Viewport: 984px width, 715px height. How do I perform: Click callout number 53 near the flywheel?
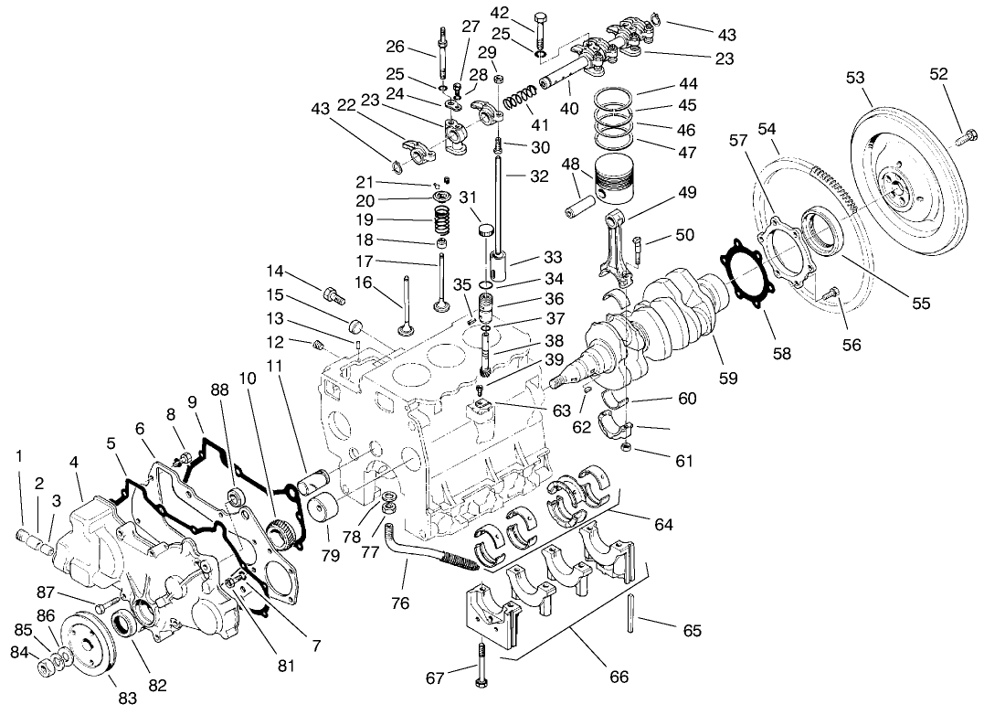[x=855, y=79]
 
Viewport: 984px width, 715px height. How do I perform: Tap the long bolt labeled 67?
[x=479, y=662]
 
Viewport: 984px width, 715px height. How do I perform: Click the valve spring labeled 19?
[x=442, y=219]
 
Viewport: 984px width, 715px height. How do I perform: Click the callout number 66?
[x=619, y=678]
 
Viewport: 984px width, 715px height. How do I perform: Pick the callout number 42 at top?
[x=525, y=12]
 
